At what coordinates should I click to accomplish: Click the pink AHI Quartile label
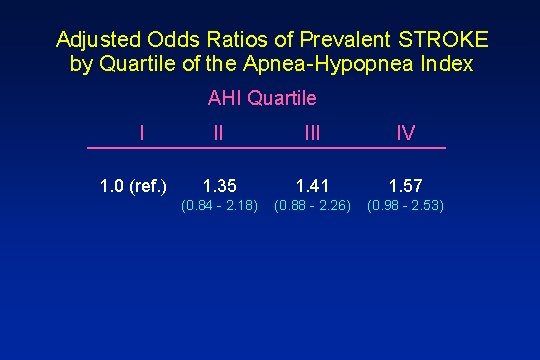click(x=262, y=98)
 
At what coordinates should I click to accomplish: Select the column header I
click(x=143, y=132)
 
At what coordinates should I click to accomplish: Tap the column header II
click(x=218, y=133)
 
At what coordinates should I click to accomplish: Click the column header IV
click(x=405, y=133)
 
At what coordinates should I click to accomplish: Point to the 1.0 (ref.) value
click(x=134, y=185)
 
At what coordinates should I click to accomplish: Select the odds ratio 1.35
click(x=219, y=185)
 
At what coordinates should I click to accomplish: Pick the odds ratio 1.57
click(x=405, y=185)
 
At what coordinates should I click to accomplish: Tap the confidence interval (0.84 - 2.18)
click(x=219, y=207)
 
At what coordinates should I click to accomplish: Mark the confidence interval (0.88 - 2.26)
click(x=311, y=207)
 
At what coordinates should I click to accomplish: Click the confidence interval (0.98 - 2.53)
click(x=405, y=207)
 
